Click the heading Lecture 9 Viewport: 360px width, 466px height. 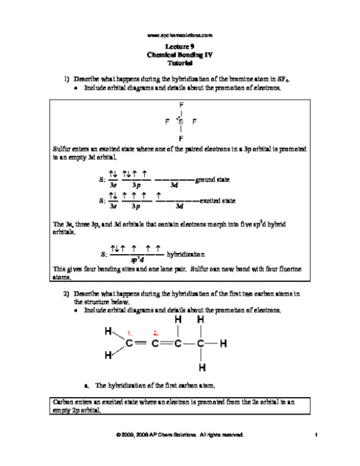coord(180,45)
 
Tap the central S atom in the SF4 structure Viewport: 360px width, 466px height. coord(181,122)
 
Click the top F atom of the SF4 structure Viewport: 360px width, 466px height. coord(181,105)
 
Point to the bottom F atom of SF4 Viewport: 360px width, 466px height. coord(181,139)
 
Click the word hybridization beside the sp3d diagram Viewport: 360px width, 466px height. coord(186,255)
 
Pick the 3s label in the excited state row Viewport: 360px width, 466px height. coord(113,206)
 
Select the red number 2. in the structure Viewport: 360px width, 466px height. coord(156,333)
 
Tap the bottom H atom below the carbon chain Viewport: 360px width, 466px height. coord(201,368)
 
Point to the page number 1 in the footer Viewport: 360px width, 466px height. coord(314,435)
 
